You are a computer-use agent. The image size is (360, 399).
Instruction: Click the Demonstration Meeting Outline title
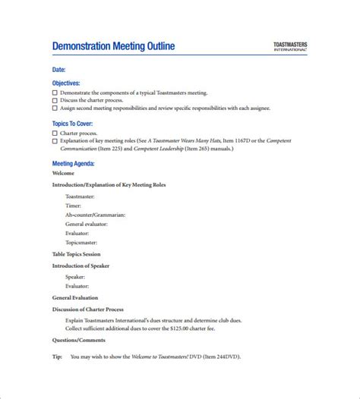[113, 46]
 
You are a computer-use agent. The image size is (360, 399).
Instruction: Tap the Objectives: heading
[66, 83]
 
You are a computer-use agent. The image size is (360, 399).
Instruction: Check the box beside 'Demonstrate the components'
[55, 93]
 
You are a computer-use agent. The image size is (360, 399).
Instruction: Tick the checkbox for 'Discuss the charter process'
[55, 100]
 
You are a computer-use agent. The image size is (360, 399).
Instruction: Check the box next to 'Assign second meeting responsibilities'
[55, 108]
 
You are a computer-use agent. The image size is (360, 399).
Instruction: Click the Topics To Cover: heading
[72, 124]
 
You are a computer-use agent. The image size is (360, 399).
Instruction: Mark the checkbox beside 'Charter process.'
[55, 133]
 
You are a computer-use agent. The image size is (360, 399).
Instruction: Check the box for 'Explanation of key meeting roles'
[55, 141]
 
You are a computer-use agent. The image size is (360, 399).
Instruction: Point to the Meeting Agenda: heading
[74, 164]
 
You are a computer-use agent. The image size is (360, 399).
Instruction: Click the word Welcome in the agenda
[64, 174]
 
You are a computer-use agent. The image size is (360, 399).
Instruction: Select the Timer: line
[74, 205]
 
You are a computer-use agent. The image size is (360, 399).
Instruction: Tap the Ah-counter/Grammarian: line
[95, 215]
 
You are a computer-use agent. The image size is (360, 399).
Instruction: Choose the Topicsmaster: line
[84, 242]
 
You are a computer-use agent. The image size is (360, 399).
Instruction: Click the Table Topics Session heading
[76, 255]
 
